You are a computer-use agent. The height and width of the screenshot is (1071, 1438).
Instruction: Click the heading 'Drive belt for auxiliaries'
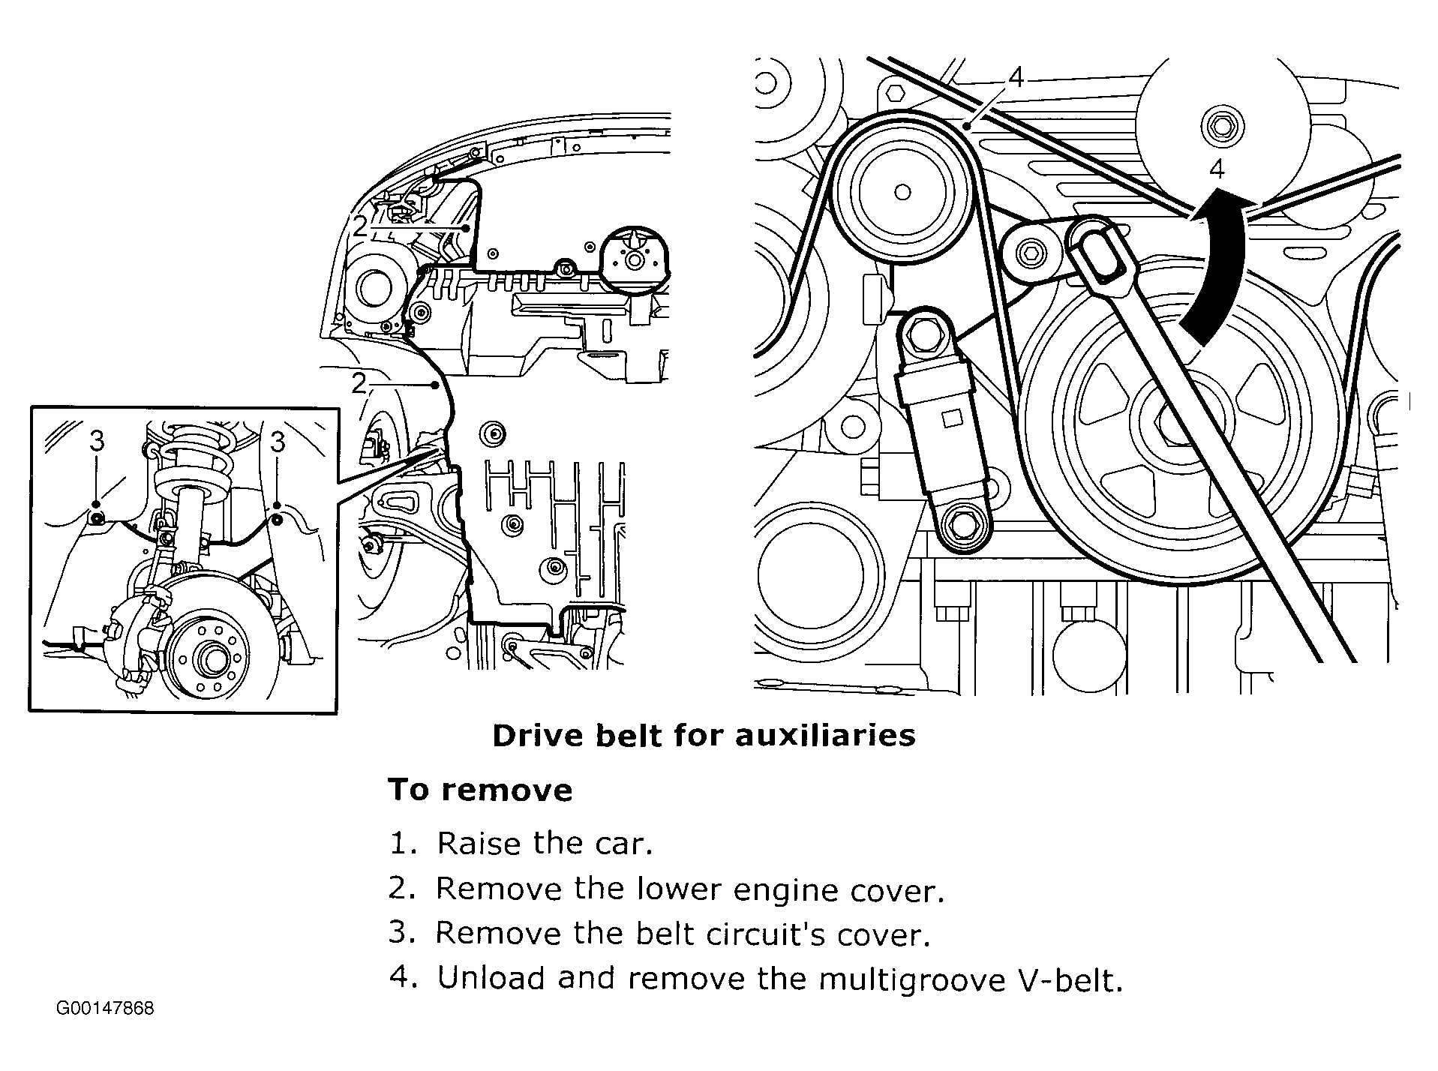coord(703,736)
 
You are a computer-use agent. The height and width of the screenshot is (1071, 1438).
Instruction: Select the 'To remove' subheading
coord(480,790)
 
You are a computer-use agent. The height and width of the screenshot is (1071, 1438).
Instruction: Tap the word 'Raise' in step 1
coord(478,844)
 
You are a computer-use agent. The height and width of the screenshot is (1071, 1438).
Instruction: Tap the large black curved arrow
coord(1215,262)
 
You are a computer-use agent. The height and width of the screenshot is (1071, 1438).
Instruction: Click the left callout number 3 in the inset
coord(97,442)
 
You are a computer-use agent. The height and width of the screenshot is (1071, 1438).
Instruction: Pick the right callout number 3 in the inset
coord(278,442)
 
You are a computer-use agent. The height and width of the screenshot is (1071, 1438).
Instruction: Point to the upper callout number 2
coord(361,226)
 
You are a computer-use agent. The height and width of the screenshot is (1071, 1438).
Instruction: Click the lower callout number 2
coord(359,384)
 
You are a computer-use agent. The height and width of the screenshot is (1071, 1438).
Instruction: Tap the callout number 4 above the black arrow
coord(1217,169)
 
